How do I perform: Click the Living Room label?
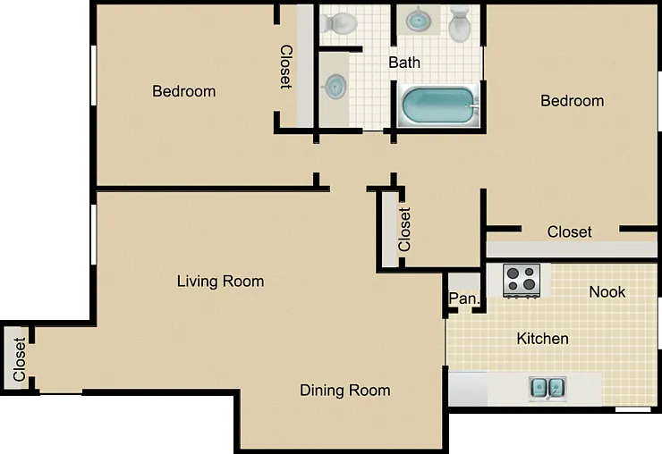pos(220,281)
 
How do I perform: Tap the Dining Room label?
pos(345,391)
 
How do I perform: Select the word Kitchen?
pos(542,339)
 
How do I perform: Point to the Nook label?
pos(607,291)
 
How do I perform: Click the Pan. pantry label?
pos(464,298)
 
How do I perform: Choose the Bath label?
pos(404,63)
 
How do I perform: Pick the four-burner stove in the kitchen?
pos(522,281)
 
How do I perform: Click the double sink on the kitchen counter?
pos(547,388)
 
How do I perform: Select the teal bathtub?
pos(439,105)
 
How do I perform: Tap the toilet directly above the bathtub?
pos(459,25)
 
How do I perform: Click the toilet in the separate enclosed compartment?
pos(338,22)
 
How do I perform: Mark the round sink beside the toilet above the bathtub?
pos(419,20)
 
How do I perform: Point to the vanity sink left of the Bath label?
pos(335,87)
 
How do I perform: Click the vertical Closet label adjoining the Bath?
pos(286,67)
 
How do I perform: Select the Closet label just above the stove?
pos(569,231)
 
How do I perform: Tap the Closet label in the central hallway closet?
pos(404,230)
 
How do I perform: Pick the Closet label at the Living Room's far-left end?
pos(19,359)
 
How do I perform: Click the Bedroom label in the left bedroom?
pos(184,91)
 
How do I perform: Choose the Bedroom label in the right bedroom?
pos(572,101)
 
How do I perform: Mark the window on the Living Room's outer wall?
pos(93,234)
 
